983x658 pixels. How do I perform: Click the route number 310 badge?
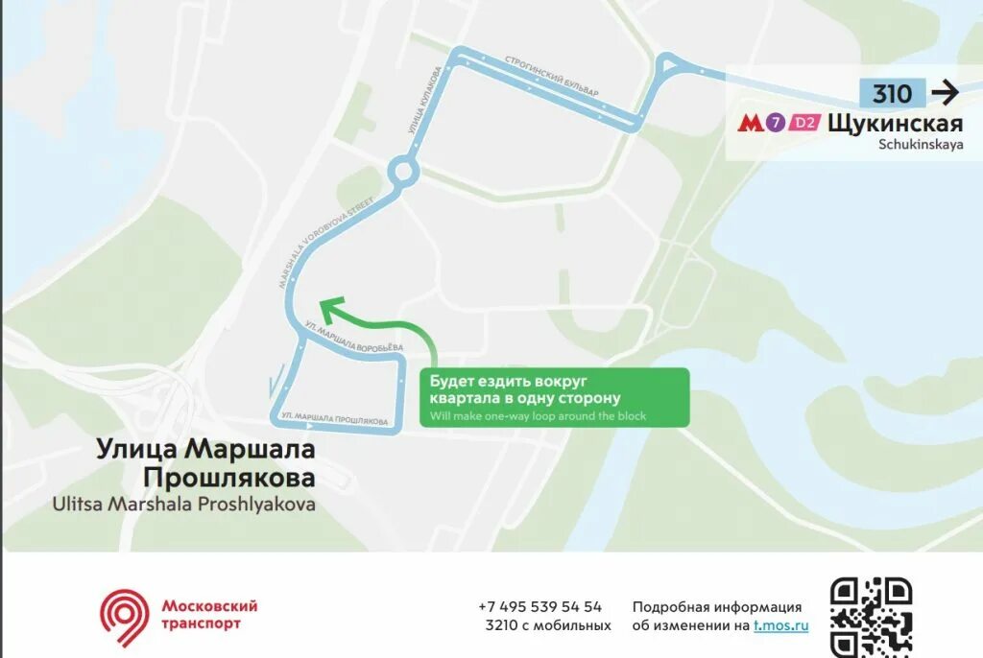pyautogui.click(x=892, y=93)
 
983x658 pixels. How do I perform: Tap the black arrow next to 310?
pyautogui.click(x=946, y=93)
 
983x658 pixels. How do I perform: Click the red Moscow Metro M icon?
pyautogui.click(x=749, y=123)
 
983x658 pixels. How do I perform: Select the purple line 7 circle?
pyautogui.click(x=775, y=123)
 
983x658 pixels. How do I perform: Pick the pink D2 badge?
pyautogui.click(x=806, y=123)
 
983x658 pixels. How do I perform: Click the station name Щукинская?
pyautogui.click(x=895, y=123)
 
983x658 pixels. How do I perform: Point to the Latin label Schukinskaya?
pyautogui.click(x=920, y=145)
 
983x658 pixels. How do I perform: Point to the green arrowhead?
pyautogui.click(x=330, y=308)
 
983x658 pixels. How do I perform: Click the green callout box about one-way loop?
pyautogui.click(x=554, y=397)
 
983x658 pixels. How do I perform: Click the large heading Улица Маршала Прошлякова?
pyautogui.click(x=205, y=462)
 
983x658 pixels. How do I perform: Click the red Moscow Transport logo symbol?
pyautogui.click(x=126, y=616)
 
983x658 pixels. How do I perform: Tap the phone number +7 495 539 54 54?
pyautogui.click(x=539, y=606)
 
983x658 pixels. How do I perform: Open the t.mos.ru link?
pyautogui.click(x=780, y=625)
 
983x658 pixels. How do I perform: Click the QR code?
pyautogui.click(x=871, y=617)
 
